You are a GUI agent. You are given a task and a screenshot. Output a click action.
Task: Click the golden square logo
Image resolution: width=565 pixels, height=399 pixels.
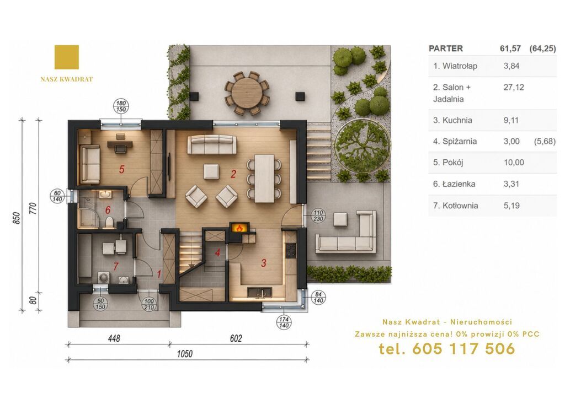tap(67, 57)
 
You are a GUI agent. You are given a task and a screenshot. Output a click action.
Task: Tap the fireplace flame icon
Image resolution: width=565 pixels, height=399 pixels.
tap(238, 228)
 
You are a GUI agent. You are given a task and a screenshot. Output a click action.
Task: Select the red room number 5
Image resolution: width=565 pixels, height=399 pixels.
tap(122, 169)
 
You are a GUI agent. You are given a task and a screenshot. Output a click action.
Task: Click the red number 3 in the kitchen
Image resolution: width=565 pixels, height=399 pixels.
tap(263, 263)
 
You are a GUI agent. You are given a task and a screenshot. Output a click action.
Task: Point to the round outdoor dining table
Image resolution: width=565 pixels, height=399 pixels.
tap(247, 92)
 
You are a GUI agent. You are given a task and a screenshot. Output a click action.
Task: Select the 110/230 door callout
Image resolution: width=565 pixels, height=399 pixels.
tap(318, 215)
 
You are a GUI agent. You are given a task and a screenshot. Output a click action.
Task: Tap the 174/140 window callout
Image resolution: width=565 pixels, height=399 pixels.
tap(284, 322)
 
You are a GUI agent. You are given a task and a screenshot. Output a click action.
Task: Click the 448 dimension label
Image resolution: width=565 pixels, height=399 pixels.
tap(114, 338)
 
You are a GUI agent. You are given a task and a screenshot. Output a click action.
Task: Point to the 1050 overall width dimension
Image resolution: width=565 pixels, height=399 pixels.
tap(184, 354)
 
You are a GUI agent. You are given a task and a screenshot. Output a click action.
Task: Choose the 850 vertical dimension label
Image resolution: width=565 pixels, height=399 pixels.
tap(16, 218)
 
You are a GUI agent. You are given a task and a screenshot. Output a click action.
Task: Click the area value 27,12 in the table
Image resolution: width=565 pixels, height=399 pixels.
tap(514, 87)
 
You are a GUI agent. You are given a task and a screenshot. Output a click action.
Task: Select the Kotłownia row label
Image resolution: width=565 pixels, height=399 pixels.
tap(455, 206)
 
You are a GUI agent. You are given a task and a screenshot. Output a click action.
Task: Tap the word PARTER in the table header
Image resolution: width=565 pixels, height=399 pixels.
tap(446, 48)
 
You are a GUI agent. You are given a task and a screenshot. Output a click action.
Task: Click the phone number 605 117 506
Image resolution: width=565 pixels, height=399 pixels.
tap(463, 349)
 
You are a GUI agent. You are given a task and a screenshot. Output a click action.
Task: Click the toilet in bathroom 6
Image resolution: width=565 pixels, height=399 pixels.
tap(109, 222)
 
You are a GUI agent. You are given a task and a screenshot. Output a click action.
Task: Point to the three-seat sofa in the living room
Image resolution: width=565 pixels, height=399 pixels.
tap(211, 144)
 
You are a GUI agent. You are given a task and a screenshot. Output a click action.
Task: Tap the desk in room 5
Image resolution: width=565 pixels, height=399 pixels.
tap(120, 144)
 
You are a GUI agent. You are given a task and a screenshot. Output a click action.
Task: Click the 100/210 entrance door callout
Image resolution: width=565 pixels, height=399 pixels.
tap(149, 304)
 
